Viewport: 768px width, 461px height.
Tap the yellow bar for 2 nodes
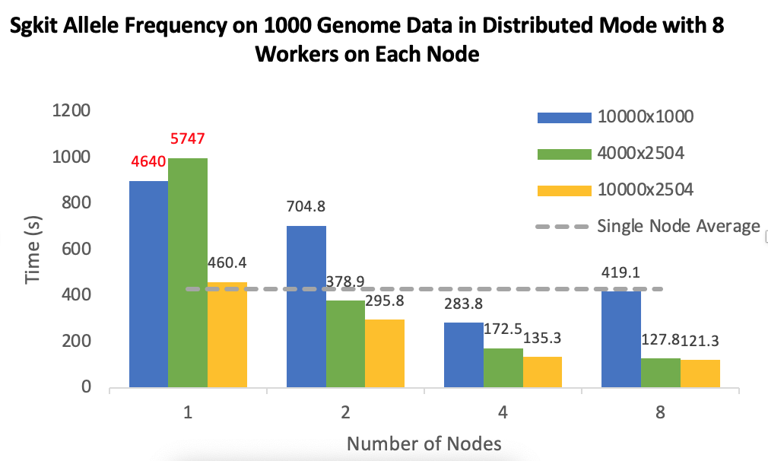point(385,353)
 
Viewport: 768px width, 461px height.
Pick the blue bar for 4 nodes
point(464,354)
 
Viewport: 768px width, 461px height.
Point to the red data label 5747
point(187,139)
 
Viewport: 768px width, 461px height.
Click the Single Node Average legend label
point(678,226)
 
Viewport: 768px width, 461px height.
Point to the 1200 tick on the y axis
point(71,111)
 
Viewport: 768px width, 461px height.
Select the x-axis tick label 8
point(659,412)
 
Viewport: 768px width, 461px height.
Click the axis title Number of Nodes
point(424,443)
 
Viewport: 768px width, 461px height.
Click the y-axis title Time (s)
point(33,248)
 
